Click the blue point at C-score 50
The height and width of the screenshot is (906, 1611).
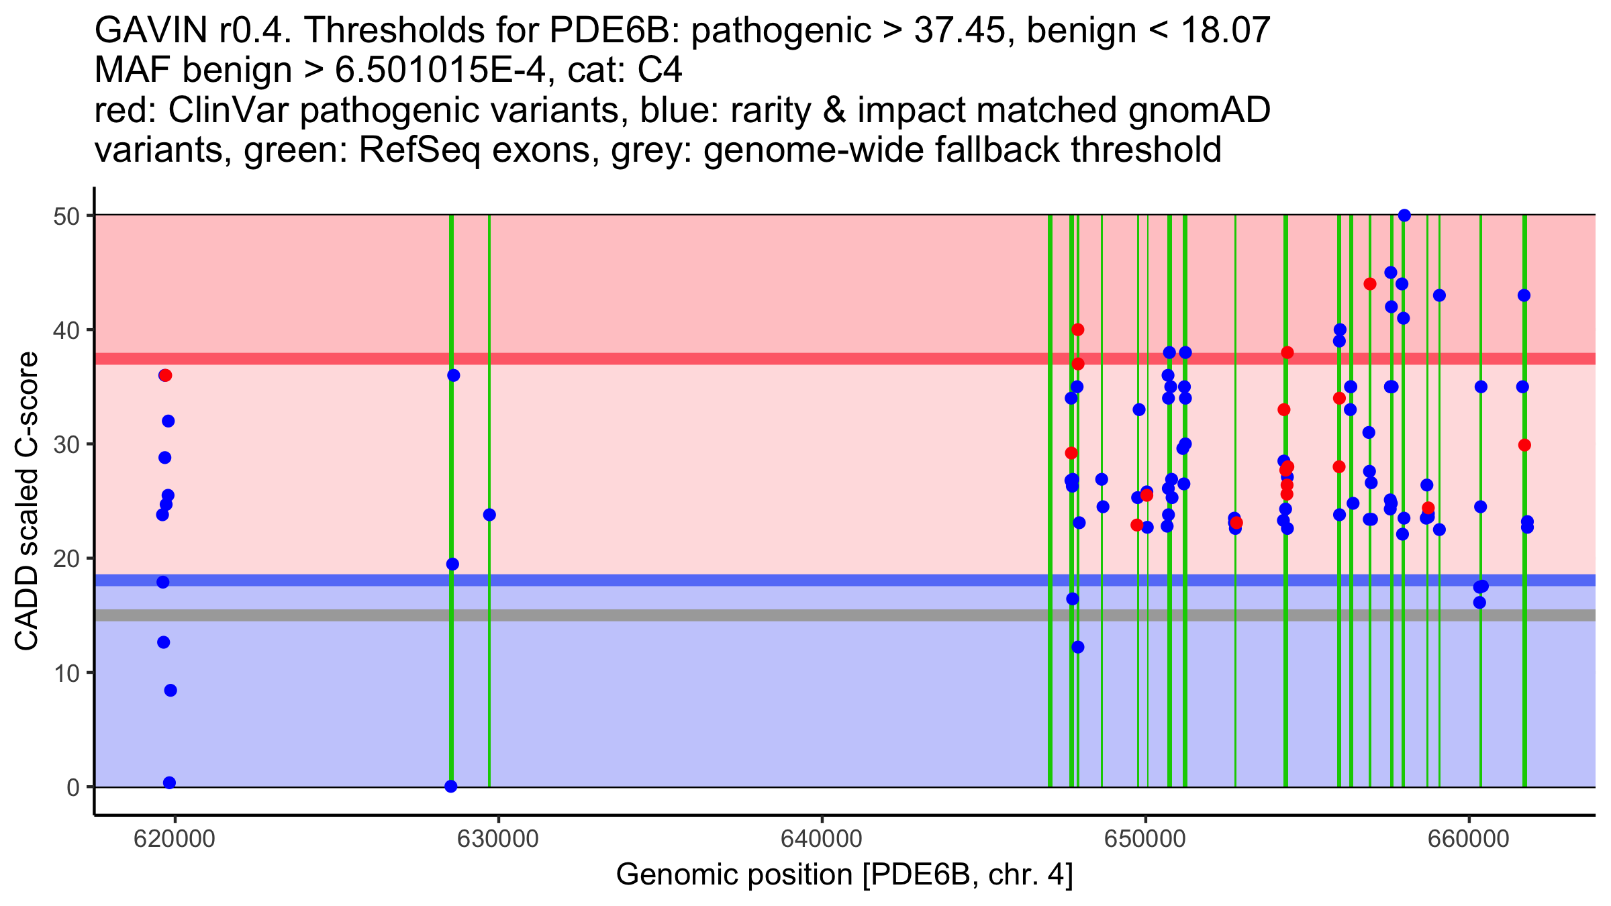[1404, 215]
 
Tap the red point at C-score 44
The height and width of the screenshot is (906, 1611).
[1370, 284]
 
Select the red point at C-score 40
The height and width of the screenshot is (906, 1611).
[1078, 330]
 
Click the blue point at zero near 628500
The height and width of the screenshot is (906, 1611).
[451, 787]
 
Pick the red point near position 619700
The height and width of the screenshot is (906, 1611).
[166, 375]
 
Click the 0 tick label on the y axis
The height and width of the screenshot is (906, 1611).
[72, 787]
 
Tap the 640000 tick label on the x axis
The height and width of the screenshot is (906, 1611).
[822, 840]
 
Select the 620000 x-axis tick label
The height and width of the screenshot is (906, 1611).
[175, 840]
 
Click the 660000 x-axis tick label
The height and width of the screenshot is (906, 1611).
[1469, 840]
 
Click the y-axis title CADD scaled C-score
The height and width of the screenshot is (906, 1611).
[27, 502]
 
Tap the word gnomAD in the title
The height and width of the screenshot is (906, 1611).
[1199, 111]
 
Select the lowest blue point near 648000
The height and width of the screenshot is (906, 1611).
[1078, 647]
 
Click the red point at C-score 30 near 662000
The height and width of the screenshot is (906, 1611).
[1524, 445]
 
